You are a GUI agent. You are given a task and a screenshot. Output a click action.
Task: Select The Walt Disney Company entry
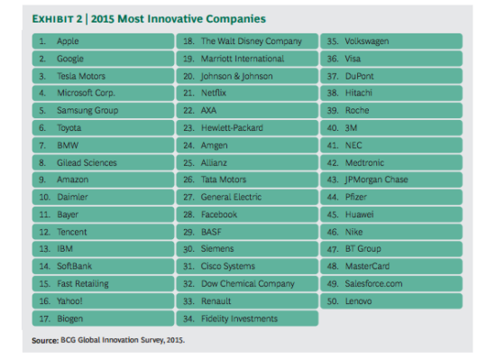(x=247, y=42)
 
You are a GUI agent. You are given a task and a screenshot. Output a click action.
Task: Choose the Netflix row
(x=247, y=93)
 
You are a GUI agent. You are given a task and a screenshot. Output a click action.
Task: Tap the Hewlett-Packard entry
(x=247, y=128)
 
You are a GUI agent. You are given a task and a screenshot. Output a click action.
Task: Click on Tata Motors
(x=247, y=180)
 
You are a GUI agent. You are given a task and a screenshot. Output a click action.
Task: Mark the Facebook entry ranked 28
(x=247, y=215)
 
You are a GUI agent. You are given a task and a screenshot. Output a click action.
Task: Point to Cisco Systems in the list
(x=247, y=266)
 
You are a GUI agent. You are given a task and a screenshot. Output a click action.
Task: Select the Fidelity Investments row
(x=247, y=318)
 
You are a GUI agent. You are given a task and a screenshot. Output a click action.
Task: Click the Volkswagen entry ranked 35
(x=391, y=42)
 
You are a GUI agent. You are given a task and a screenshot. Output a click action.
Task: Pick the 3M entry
(x=391, y=128)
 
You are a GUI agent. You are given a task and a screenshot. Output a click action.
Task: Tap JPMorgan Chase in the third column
(x=391, y=180)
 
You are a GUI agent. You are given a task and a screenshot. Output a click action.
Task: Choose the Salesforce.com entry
(x=391, y=283)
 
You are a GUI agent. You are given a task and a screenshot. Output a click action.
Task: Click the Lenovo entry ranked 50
(x=391, y=300)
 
